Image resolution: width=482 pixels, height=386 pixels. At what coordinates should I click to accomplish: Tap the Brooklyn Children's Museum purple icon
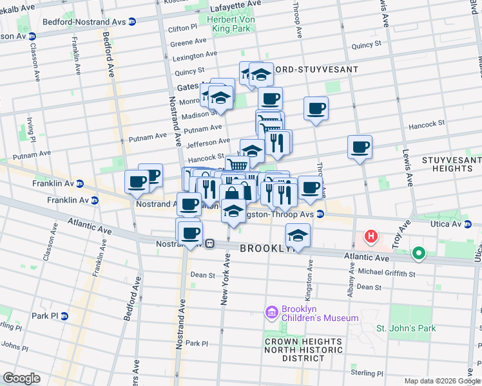[271, 313]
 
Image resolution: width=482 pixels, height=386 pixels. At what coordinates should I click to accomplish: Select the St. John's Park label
[406, 328]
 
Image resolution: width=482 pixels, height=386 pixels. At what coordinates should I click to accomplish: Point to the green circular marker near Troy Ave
[419, 253]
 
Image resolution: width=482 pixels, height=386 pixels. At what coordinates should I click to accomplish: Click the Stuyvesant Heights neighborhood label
[451, 164]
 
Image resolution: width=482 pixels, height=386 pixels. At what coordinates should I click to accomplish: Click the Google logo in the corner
[21, 378]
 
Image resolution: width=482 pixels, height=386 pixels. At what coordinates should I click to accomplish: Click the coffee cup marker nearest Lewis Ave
[360, 148]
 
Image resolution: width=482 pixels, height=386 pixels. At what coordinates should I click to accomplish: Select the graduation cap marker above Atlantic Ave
[298, 235]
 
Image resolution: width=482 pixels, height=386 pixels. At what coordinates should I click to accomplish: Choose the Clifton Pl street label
[182, 28]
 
